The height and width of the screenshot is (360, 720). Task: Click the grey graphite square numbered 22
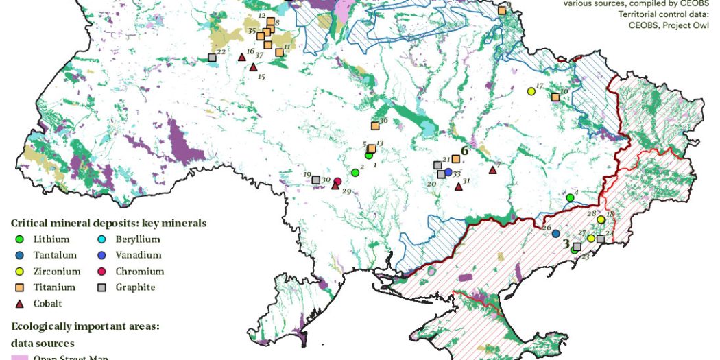pyautogui.click(x=212, y=58)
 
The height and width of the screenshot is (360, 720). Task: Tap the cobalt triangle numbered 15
pyautogui.click(x=253, y=67)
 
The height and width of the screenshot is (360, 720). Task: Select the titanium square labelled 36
pyautogui.click(x=375, y=126)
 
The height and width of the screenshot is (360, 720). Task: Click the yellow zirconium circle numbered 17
pyautogui.click(x=531, y=91)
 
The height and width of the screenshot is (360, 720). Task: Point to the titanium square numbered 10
pyautogui.click(x=555, y=98)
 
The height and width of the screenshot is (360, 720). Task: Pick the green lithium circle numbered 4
pyautogui.click(x=570, y=197)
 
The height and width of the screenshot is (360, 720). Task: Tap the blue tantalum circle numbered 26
pyautogui.click(x=555, y=233)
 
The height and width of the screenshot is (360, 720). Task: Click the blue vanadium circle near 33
pyautogui.click(x=448, y=171)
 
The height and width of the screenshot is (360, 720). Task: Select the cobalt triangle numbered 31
pyautogui.click(x=459, y=187)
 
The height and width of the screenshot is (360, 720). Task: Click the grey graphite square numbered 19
pyautogui.click(x=316, y=180)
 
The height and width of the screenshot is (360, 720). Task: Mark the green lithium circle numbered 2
pyautogui.click(x=355, y=173)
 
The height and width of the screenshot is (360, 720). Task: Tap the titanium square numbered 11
pyautogui.click(x=279, y=52)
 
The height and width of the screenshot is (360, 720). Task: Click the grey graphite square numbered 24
pyautogui.click(x=601, y=239)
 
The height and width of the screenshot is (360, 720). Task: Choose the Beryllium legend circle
pyautogui.click(x=100, y=239)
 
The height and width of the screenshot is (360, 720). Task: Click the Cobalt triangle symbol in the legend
pyautogui.click(x=20, y=303)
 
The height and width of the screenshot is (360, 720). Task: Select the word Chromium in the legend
pyautogui.click(x=140, y=271)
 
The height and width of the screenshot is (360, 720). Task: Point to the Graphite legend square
pyautogui.click(x=100, y=287)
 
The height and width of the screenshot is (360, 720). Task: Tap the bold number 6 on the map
pyautogui.click(x=464, y=149)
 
